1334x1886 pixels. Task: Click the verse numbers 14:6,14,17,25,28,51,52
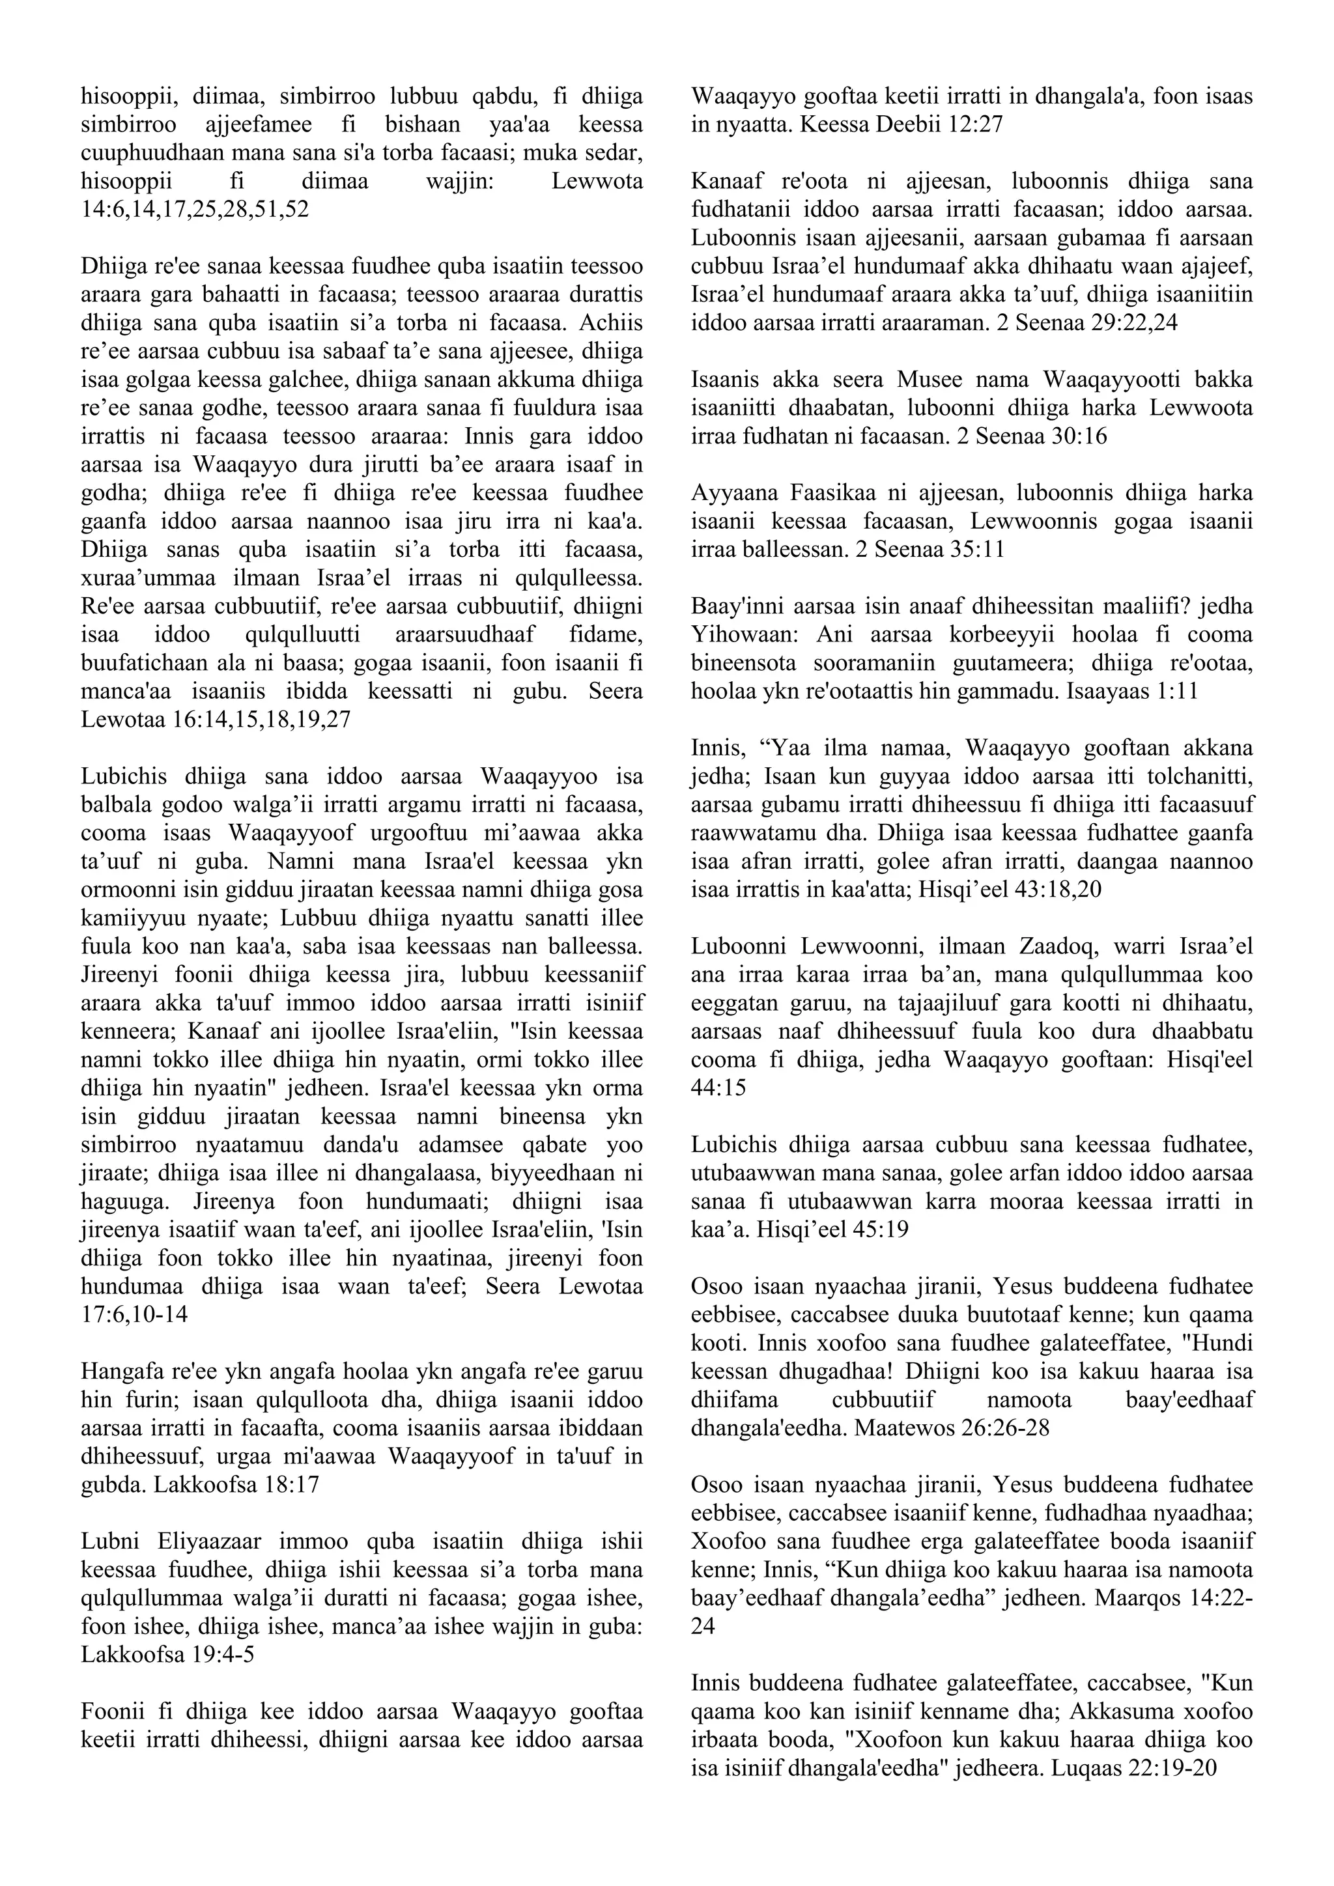[x=195, y=210]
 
